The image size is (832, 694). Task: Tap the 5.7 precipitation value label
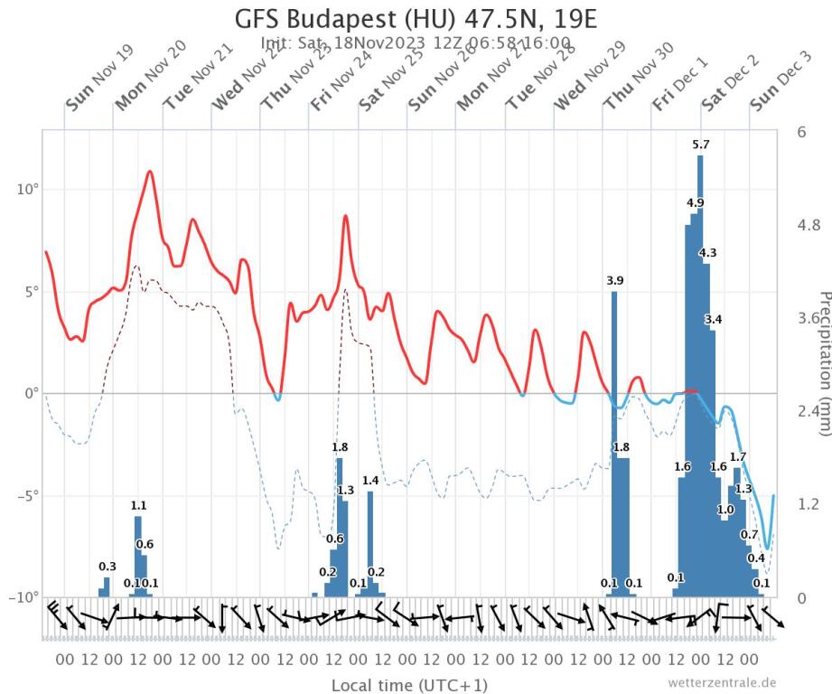[x=700, y=145]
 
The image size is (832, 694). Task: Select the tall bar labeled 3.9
[x=614, y=443]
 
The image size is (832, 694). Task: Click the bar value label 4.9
[x=696, y=202]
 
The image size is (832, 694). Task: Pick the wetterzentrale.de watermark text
[x=722, y=682]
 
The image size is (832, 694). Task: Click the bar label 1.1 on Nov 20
[x=138, y=506]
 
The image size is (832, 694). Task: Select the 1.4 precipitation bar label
[x=369, y=481]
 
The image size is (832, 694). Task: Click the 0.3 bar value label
[x=107, y=567]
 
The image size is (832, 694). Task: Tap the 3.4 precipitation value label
[x=713, y=320]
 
